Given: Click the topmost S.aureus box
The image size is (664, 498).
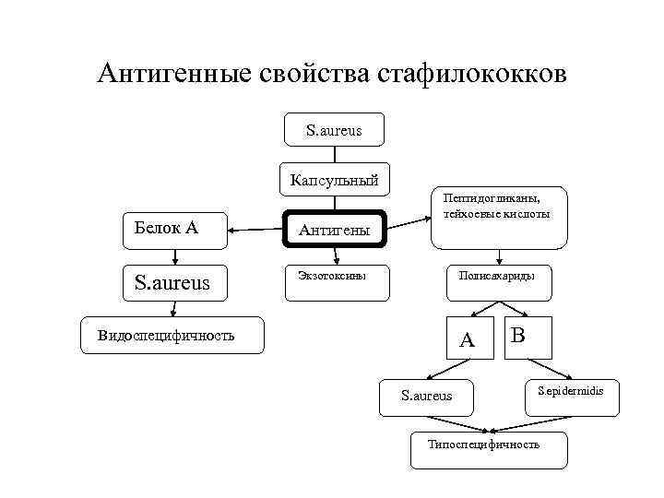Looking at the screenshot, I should click(x=334, y=131).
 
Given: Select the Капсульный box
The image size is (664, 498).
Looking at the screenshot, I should click(x=334, y=180).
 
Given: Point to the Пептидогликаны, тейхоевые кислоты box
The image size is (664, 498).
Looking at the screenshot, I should click(x=498, y=219).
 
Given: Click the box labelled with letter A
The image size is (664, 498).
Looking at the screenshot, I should click(x=468, y=338).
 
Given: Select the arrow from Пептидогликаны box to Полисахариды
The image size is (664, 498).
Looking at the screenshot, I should click(x=498, y=257).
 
